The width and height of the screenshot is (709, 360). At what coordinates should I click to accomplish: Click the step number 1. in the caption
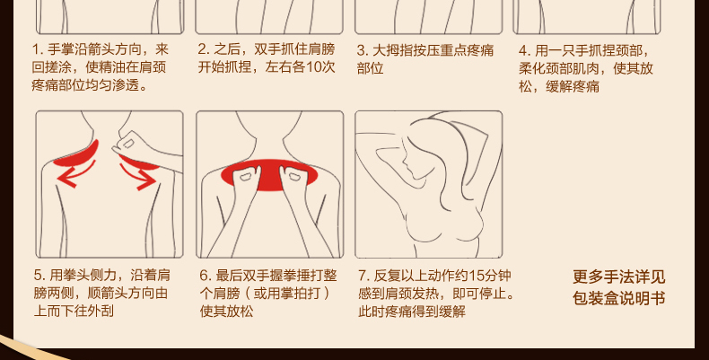pos(37,49)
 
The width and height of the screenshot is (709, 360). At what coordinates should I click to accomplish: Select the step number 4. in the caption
pos(523,50)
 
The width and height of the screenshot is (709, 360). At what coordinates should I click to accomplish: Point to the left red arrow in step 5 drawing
pos(75,174)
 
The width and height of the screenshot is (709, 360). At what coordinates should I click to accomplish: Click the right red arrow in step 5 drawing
pos(138,176)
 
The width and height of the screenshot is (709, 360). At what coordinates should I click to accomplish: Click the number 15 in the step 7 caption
pos(477,276)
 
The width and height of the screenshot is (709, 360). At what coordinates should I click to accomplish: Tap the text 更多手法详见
pos(618,277)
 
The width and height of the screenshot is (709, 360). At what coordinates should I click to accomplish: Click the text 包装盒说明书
pos(618,298)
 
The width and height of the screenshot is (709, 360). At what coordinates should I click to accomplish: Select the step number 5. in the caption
pos(39,276)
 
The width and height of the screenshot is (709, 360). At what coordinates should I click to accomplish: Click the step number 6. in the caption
pos(206,276)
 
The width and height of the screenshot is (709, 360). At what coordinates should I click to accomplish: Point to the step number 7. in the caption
pos(364,276)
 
